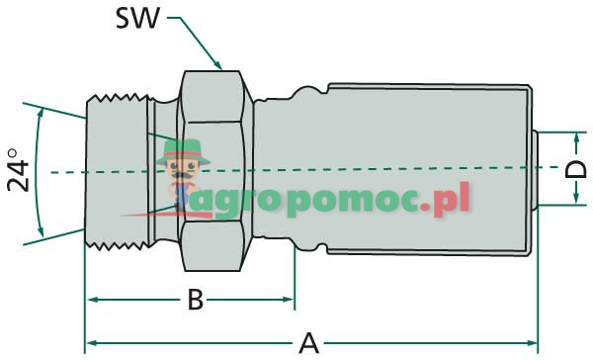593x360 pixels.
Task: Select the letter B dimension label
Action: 195,298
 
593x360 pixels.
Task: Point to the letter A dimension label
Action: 309,343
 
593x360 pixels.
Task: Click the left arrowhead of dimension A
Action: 91,344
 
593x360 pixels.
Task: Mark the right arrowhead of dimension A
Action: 533,344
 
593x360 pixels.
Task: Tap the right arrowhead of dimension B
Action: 290,298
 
